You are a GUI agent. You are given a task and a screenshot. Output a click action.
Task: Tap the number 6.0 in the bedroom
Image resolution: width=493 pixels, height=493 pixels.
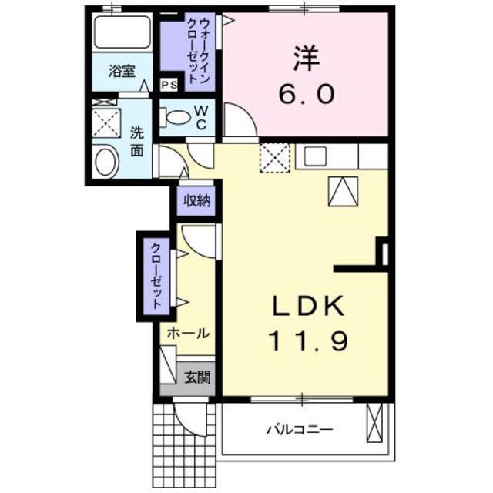[x=306, y=95]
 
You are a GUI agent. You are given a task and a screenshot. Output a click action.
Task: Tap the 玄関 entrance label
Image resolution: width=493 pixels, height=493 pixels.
[x=195, y=378]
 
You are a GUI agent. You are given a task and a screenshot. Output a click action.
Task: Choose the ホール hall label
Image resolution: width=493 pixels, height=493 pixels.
[x=188, y=334]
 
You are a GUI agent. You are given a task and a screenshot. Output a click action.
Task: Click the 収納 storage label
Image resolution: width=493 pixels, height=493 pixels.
[x=196, y=202]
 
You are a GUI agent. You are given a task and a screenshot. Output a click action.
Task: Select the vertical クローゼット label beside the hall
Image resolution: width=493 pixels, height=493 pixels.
[x=156, y=276]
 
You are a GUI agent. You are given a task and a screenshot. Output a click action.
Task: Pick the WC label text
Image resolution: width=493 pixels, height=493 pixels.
[x=199, y=117]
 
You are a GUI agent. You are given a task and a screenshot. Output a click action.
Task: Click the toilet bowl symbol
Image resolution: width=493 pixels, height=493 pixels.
[x=176, y=118]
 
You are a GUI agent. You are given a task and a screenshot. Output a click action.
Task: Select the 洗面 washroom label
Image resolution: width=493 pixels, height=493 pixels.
[x=136, y=141]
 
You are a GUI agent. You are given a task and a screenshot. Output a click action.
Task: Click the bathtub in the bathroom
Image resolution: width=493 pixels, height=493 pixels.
[x=121, y=33]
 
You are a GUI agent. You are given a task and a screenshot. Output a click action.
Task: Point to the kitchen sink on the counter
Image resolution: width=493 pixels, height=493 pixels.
[x=316, y=155]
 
